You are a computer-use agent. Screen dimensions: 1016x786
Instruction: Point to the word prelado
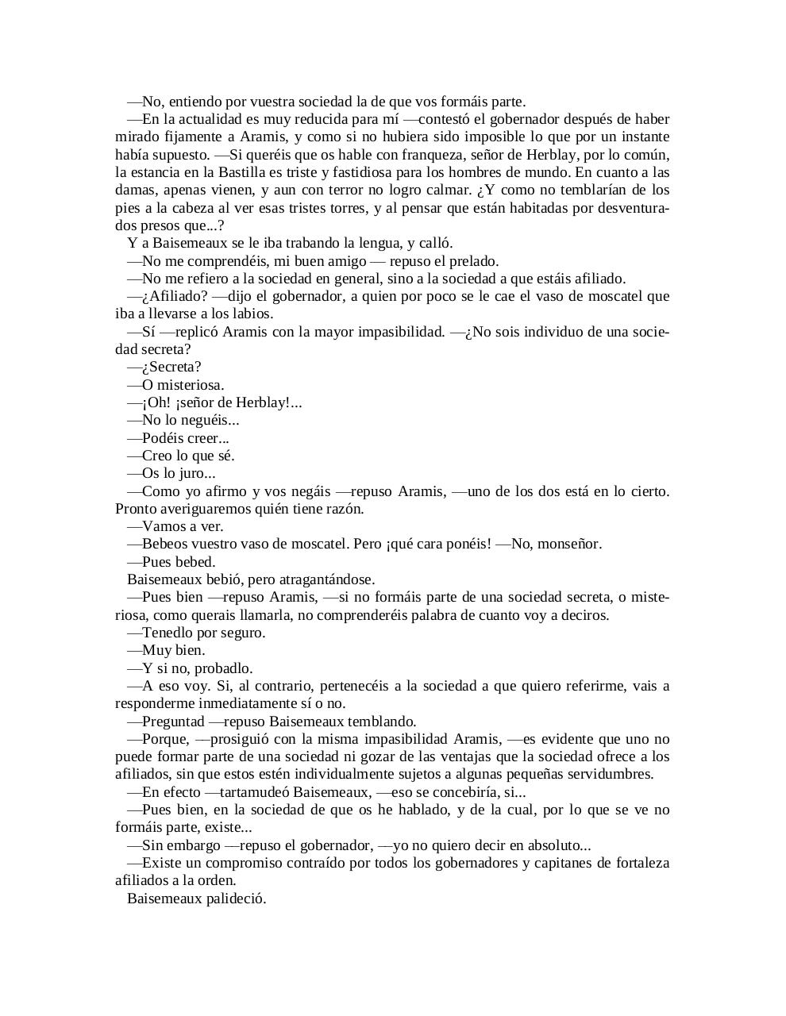click(x=474, y=261)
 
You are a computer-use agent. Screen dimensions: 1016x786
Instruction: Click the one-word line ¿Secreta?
click(x=171, y=367)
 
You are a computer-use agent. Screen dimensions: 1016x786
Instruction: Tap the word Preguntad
click(x=174, y=722)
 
